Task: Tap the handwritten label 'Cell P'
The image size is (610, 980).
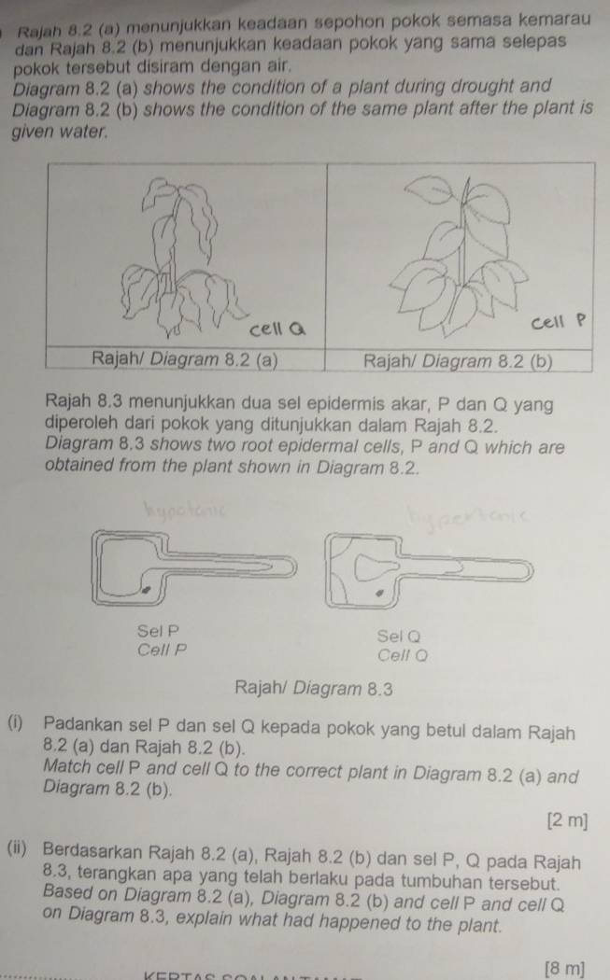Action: (x=560, y=323)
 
